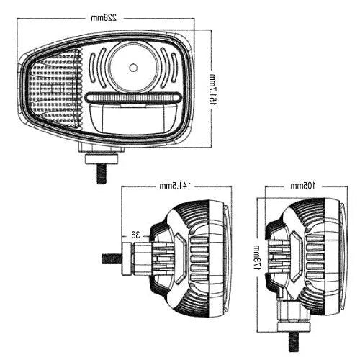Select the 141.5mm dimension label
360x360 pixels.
(x=176, y=186)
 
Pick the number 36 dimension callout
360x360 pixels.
(x=135, y=234)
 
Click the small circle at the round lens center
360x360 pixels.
(x=132, y=67)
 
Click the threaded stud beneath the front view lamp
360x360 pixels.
(x=100, y=172)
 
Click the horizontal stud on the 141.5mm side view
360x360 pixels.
(x=112, y=258)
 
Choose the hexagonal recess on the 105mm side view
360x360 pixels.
(x=294, y=256)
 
